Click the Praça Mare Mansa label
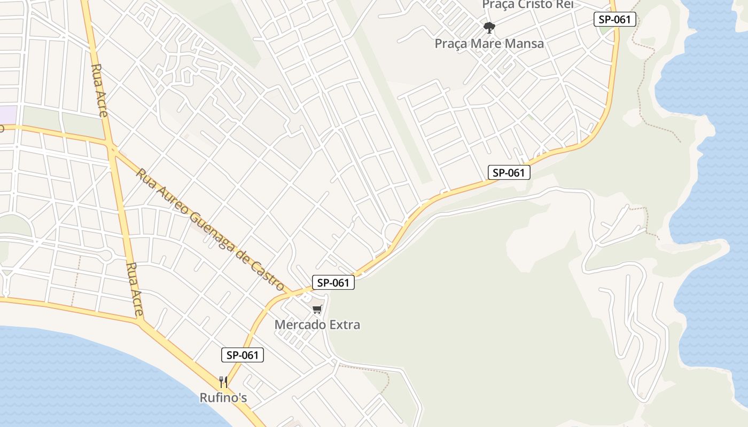(489, 43)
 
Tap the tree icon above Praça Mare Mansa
(488, 27)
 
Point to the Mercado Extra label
(317, 325)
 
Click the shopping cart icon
(317, 310)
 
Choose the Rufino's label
(223, 398)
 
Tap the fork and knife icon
(223, 382)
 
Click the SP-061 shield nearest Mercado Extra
(333, 283)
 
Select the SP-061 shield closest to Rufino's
(243, 355)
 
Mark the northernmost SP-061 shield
(615, 20)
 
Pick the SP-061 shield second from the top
(509, 172)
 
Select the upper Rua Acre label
(100, 90)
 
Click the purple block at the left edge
(8, 115)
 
